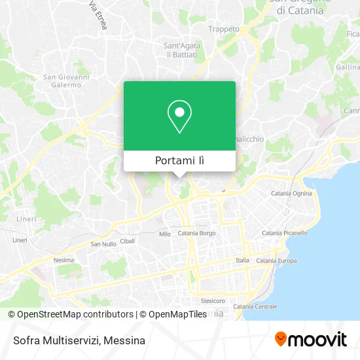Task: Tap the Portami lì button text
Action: [179, 161]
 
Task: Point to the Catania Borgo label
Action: [196, 233]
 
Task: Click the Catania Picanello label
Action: [284, 233]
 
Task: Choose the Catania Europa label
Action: [277, 261]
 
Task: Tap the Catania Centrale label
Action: [255, 306]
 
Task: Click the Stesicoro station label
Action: [213, 301]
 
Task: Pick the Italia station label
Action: [242, 261]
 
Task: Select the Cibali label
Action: [128, 241]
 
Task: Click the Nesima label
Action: [63, 260]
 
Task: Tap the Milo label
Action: [165, 234]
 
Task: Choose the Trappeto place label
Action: [221, 28]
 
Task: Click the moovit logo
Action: [311, 339]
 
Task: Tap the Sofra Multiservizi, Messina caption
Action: [77, 340]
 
